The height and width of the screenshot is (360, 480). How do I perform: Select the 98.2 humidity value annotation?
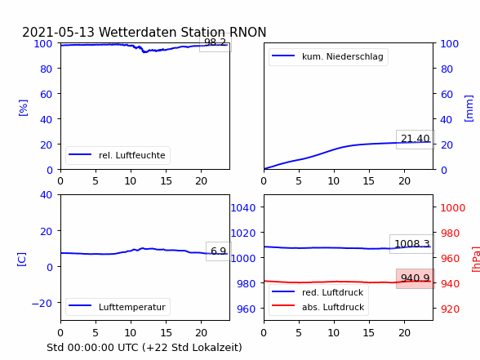[216, 42]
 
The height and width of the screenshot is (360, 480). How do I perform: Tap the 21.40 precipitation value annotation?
[416, 140]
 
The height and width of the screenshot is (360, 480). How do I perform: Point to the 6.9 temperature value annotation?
[219, 251]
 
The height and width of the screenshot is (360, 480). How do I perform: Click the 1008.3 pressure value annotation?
[412, 244]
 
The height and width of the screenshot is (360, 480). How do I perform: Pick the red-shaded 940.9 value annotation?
[416, 278]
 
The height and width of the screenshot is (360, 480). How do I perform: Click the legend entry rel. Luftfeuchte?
[118, 155]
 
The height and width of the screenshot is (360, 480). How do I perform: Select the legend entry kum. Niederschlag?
[328, 56]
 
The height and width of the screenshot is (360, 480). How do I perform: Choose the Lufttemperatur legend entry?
[118, 307]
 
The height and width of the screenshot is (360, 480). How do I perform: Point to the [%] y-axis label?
[23, 108]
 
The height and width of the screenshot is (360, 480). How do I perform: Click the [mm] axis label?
[469, 109]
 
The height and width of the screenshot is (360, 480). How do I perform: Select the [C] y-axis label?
[22, 260]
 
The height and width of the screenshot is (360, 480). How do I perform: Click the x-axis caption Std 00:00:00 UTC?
[93, 348]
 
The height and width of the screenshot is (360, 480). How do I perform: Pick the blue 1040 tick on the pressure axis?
[243, 208]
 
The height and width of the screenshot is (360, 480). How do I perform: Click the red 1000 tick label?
[453, 208]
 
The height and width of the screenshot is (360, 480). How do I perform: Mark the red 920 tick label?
[450, 309]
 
